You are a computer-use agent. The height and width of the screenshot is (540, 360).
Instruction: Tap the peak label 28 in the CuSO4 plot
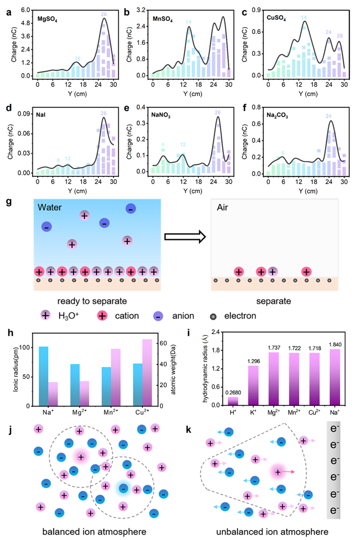tap(339, 36)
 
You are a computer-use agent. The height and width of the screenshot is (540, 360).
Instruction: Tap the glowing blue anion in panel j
tap(124, 488)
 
